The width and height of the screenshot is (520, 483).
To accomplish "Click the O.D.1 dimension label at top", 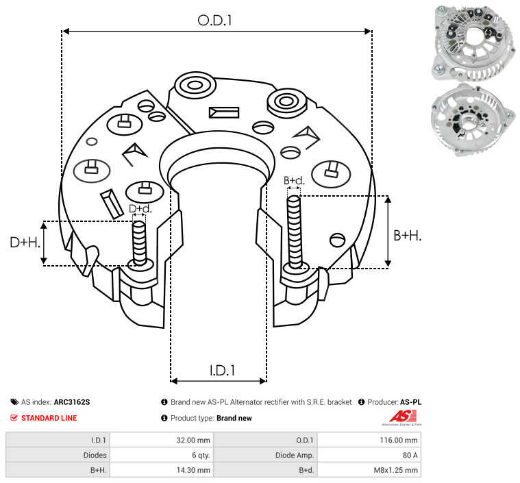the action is (x=214, y=21).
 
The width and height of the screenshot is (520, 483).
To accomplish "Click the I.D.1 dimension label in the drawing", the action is (x=222, y=371).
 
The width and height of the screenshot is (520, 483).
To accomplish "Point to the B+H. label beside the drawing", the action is (x=407, y=236).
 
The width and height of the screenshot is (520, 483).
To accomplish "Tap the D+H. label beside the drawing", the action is (x=25, y=243).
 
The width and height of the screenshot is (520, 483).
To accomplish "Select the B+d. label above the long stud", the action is (x=294, y=181).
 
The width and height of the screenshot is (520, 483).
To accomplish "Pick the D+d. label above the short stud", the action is (x=140, y=209).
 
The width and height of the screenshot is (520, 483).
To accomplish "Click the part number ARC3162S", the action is (x=72, y=402).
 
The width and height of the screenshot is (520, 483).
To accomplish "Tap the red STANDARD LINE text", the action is (x=49, y=418).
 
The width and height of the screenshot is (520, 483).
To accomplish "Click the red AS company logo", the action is (x=403, y=417).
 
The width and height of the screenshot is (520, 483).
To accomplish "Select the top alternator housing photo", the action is (x=473, y=44).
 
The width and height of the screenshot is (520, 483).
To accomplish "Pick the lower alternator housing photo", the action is (x=473, y=120).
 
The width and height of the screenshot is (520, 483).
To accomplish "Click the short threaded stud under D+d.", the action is (x=139, y=243).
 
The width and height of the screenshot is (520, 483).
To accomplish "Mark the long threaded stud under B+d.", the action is (x=295, y=232).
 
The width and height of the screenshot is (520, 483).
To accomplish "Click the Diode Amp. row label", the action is (x=295, y=455).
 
